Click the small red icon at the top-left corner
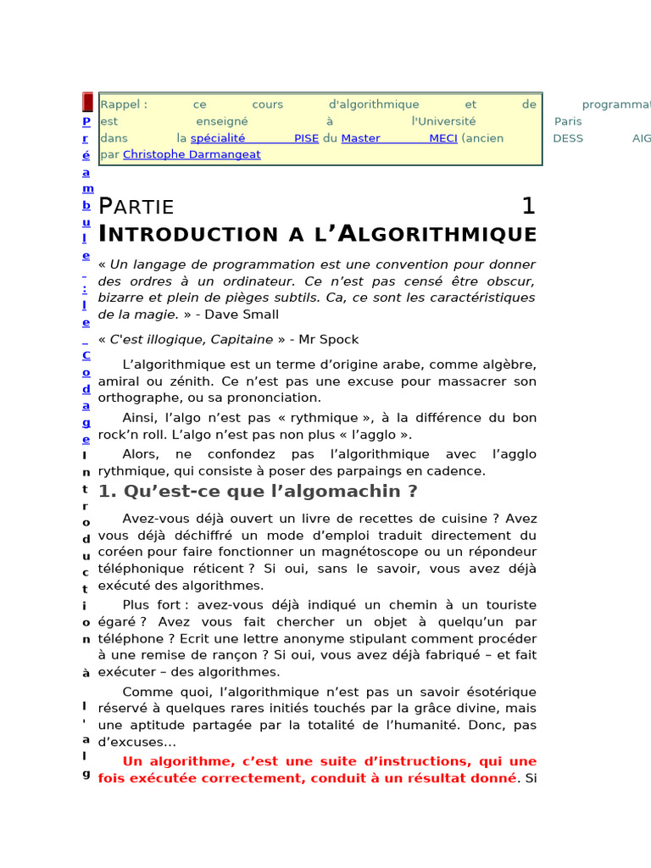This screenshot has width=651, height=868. click(87, 103)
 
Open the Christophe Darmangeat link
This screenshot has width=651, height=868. click(192, 155)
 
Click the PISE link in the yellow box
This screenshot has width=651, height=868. click(306, 138)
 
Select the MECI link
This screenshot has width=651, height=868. click(442, 138)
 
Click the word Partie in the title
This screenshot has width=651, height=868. click(136, 207)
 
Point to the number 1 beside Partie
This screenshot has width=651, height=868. click(528, 206)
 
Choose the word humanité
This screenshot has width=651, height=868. click(430, 726)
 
